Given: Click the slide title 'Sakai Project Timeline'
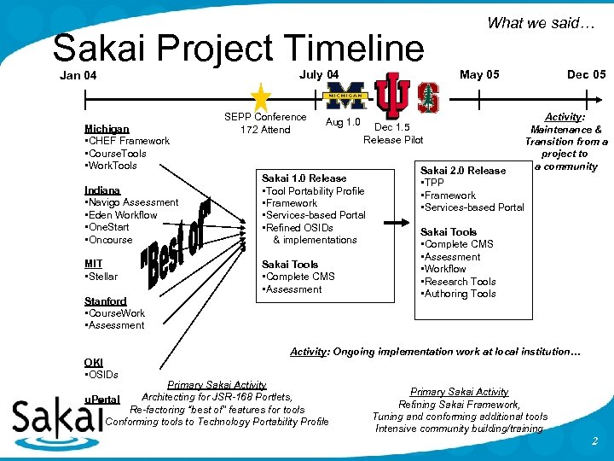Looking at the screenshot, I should pos(238,49).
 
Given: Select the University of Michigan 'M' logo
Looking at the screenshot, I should pos(347,96).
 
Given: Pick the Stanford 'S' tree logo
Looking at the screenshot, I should pos(427,97).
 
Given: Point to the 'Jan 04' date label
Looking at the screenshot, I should pos(78,76).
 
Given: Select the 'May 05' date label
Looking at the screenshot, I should pos(479,74).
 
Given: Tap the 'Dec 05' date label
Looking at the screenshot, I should pos(586,74).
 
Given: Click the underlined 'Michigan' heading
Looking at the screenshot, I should pos(107,129).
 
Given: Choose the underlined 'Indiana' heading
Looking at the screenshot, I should pos(102,190).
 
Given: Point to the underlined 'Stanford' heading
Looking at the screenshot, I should pos(105,301).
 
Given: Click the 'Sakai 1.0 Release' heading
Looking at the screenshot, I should pos(304,178).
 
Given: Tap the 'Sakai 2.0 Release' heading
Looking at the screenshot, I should pos(463,170).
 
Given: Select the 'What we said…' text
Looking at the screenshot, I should pos(540,23).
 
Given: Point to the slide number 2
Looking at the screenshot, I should pos(594,441).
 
